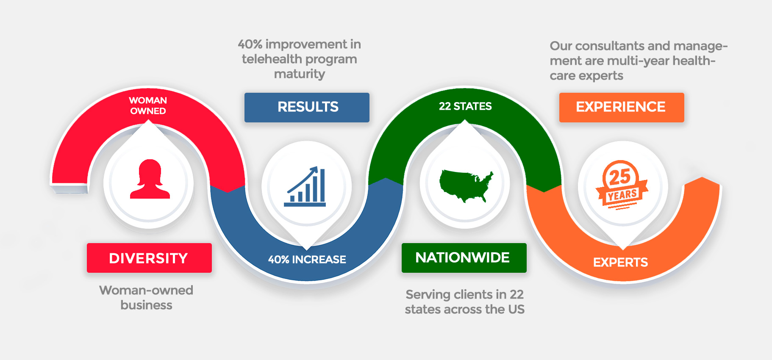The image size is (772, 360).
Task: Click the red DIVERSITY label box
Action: [x=149, y=258]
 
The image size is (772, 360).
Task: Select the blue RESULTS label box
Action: [x=307, y=108]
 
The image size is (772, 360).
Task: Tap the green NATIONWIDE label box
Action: [x=464, y=258]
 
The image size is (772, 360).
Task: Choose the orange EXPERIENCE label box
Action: [x=622, y=108]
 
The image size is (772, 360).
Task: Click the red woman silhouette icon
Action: [x=150, y=179]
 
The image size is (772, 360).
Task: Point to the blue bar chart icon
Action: [x=305, y=186]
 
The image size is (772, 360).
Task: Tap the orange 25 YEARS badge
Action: [x=622, y=185]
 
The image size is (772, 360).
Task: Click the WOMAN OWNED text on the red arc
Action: [x=148, y=105]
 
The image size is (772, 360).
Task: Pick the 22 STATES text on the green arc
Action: [x=465, y=106]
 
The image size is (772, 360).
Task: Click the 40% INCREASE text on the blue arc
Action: [x=307, y=259]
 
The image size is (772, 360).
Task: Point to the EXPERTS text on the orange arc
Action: [x=620, y=263]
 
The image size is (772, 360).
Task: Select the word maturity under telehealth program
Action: [x=300, y=74]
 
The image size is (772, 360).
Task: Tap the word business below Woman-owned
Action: [x=146, y=305]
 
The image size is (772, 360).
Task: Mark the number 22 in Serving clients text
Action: [x=517, y=294]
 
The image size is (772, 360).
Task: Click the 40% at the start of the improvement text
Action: [x=250, y=44]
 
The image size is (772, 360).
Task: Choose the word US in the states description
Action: [x=517, y=309]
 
